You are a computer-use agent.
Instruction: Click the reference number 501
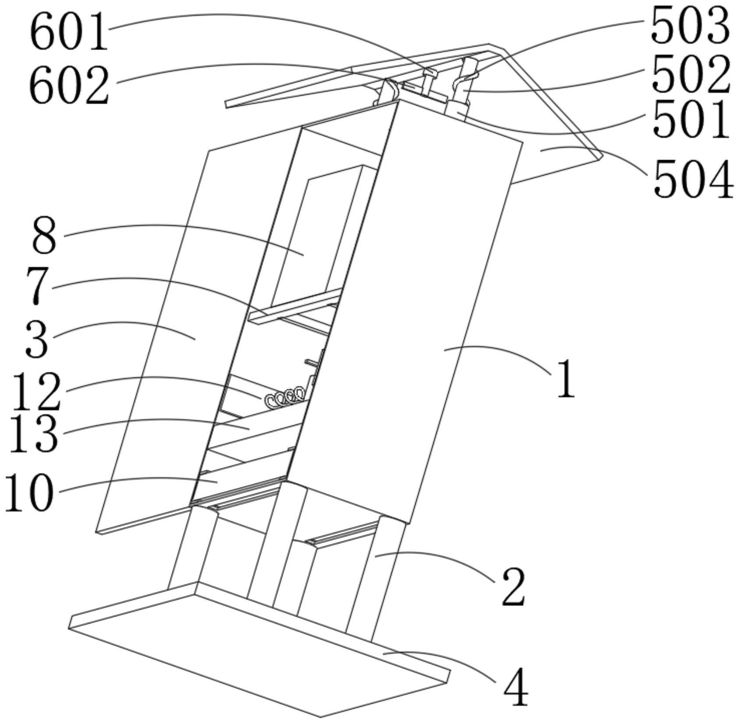tap(691, 119)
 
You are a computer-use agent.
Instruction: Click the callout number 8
tap(44, 237)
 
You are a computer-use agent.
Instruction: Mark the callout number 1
tap(565, 379)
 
